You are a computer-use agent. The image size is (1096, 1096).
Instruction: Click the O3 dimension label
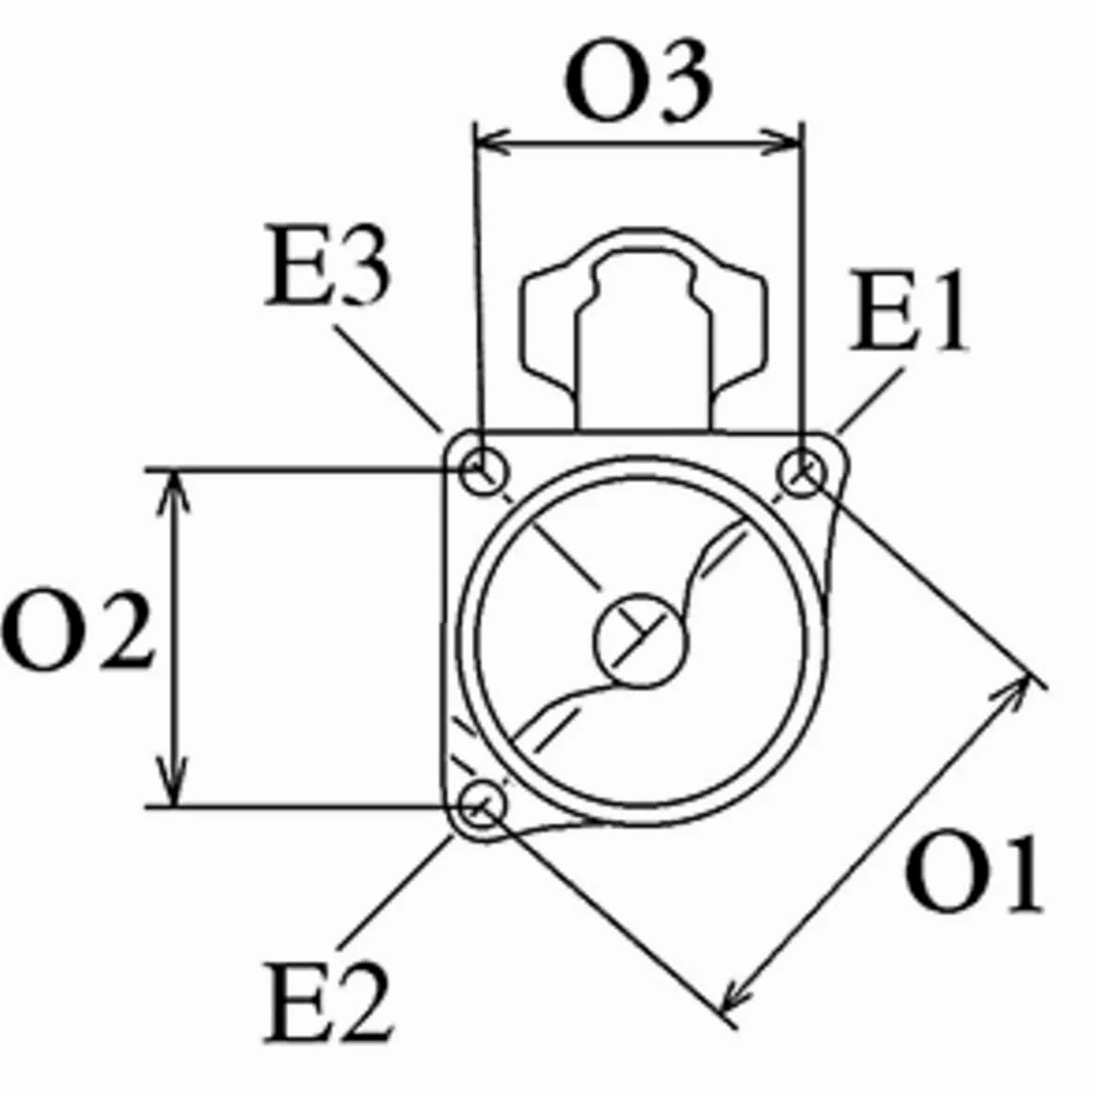point(639,82)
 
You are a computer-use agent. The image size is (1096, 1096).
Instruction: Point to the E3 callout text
point(327,266)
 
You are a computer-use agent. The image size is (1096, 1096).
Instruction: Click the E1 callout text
point(908,310)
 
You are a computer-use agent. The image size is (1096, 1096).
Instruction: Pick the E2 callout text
point(329,1003)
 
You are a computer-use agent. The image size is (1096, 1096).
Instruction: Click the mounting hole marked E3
point(483,471)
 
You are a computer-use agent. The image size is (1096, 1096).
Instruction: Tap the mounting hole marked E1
point(802,473)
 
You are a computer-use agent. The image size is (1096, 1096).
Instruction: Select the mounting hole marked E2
point(482,806)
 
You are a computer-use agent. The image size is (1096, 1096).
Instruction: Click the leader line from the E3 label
point(387,378)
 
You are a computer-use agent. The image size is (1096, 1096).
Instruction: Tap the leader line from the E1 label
point(871,400)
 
